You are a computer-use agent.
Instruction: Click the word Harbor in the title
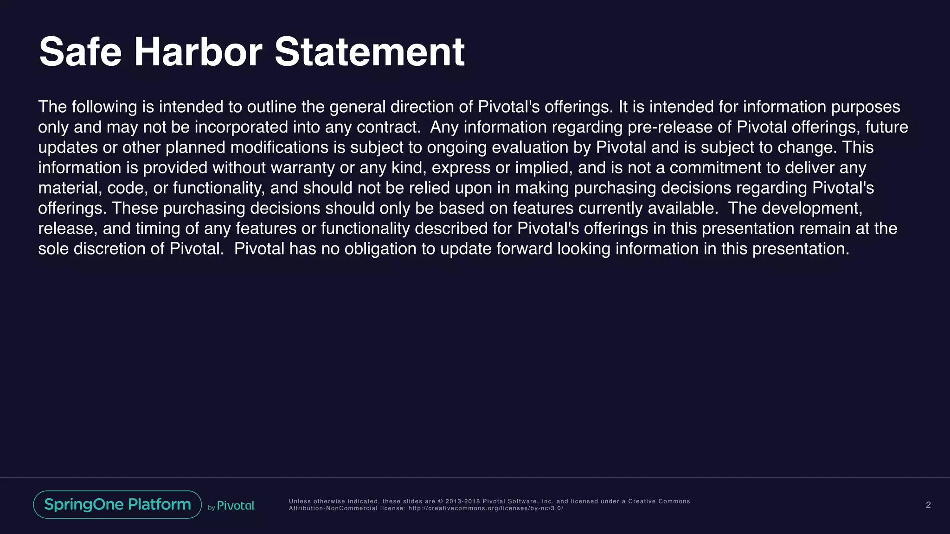(198, 52)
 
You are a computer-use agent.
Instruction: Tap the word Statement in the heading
(370, 52)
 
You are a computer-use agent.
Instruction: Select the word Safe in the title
(80, 52)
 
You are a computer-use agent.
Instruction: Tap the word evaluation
(530, 147)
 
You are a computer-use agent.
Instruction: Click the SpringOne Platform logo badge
(117, 504)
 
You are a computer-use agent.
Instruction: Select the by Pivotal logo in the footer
(231, 506)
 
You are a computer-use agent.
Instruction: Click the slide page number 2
(928, 505)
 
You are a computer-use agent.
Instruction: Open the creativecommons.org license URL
(486, 509)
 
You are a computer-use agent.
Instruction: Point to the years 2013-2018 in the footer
(463, 501)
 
